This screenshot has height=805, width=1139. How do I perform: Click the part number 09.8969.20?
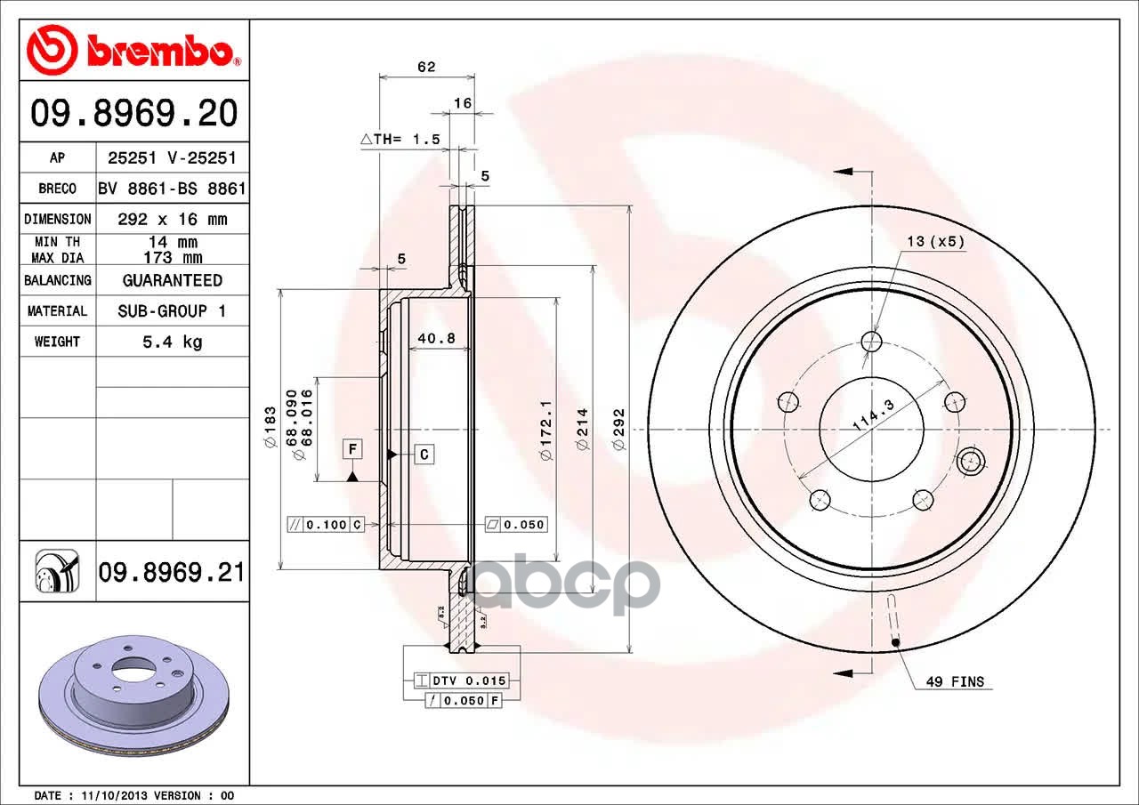134,113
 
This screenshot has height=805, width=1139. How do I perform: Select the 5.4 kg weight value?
173,342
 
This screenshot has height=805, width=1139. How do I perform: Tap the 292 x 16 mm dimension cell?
173,219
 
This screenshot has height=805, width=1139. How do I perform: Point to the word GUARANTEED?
173,280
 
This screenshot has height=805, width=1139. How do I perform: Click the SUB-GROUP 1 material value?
172,310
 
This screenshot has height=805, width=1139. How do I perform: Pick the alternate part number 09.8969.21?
172,572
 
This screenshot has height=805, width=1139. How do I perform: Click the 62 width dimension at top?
426,67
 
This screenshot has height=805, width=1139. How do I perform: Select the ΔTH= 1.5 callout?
400,139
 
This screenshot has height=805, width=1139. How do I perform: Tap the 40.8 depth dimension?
436,338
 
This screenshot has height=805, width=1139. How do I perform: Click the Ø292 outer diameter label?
618,430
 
